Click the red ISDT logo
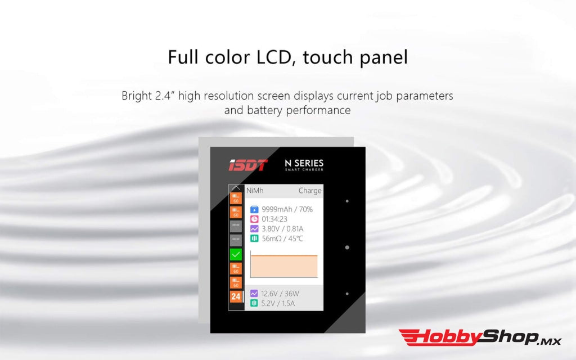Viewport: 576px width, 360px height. tap(248, 165)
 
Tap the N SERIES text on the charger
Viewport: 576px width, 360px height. tap(304, 164)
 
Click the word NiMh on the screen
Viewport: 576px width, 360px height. tap(255, 191)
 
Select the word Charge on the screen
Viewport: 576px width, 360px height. tap(310, 191)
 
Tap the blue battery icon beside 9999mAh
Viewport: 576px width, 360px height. tap(254, 209)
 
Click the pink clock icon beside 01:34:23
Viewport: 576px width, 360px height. tap(254, 219)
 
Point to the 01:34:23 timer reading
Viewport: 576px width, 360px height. tap(274, 219)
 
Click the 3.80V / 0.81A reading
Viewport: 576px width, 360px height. tap(282, 229)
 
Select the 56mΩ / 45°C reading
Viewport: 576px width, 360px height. tap(283, 238)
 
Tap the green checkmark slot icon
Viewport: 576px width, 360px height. tap(236, 254)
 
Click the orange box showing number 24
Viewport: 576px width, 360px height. tap(236, 296)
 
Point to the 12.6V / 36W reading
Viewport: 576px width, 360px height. tap(280, 293)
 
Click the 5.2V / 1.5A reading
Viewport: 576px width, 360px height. tap(278, 303)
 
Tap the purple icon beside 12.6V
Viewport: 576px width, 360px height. tap(254, 293)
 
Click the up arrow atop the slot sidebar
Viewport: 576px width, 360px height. tap(236, 188)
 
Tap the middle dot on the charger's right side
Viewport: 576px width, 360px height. tap(347, 247)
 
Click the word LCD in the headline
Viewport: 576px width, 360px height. tap(272, 57)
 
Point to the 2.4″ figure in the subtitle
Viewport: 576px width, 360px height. tap(164, 96)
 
